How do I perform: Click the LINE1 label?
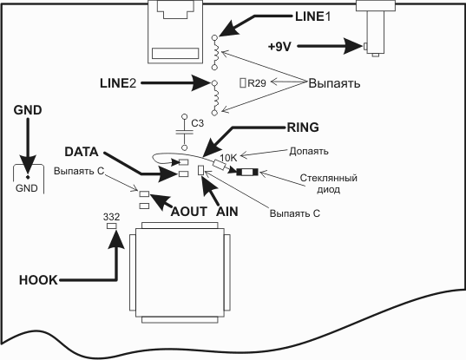[312, 16]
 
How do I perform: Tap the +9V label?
[279, 47]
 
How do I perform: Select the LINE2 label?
[118, 83]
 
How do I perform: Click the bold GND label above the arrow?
[28, 110]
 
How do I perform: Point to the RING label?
[303, 128]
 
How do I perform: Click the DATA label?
[82, 152]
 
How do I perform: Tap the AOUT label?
[189, 212]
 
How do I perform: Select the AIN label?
[227, 212]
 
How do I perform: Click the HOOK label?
[38, 280]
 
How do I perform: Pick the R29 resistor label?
[257, 83]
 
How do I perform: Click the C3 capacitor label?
[197, 123]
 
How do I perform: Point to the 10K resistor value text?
[228, 158]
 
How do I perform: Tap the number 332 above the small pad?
[111, 217]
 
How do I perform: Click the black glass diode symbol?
[247, 172]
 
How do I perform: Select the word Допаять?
[309, 151]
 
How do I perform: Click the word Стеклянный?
[328, 178]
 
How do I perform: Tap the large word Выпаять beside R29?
[334, 83]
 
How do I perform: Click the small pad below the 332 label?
[111, 226]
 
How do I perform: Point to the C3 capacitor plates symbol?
[184, 132]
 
